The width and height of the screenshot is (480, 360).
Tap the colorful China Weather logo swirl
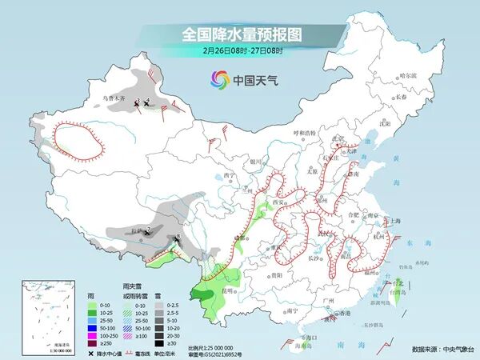pyautogui.click(x=219, y=79)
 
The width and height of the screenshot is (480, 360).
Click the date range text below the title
pyautogui.click(x=241, y=51)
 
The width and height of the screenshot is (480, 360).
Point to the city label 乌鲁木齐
pyautogui.click(x=114, y=99)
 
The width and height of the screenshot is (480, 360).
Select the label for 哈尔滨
pyautogui.click(x=409, y=75)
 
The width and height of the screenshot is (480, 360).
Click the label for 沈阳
pyautogui.click(x=386, y=124)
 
